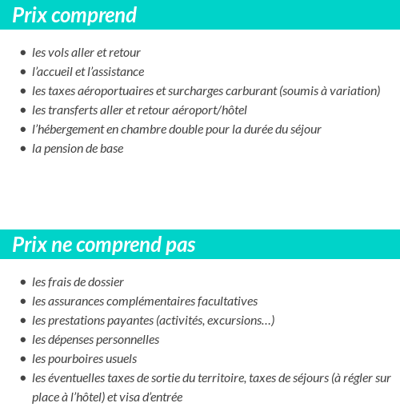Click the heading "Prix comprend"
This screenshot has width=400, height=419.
(x=74, y=15)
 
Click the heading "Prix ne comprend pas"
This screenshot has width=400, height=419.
(x=104, y=245)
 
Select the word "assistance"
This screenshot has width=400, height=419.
(x=118, y=72)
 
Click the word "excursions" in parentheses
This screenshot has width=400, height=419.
(x=239, y=321)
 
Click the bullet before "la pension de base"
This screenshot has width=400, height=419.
(x=23, y=150)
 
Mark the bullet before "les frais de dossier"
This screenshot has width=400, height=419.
(x=23, y=283)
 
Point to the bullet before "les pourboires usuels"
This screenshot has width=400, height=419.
(x=23, y=360)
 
